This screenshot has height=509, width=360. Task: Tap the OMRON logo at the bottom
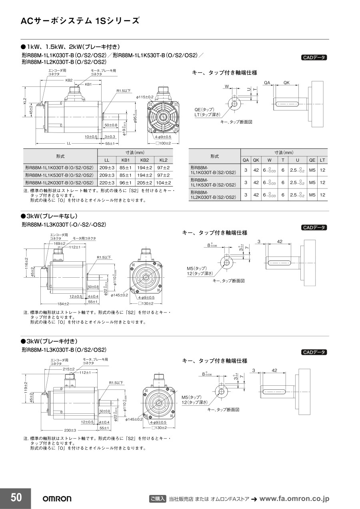click(57, 499)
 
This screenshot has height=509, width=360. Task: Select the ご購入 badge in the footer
click(157, 499)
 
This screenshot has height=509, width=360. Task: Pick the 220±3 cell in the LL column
click(107, 182)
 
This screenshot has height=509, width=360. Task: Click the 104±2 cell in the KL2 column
click(163, 182)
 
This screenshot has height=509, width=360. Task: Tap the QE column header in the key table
click(312, 160)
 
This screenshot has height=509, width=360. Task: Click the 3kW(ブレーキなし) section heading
click(49, 216)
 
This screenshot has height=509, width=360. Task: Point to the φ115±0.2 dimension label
click(145, 97)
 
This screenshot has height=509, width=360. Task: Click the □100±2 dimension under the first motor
click(163, 143)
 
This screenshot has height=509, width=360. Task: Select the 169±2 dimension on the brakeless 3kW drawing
click(59, 243)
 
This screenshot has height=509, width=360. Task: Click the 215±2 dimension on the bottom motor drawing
click(68, 369)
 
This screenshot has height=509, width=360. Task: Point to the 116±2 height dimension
click(26, 263)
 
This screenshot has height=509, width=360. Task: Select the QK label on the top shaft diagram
click(287, 83)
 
